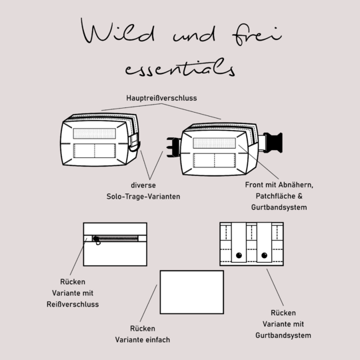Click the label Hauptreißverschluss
161,98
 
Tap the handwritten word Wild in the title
117,31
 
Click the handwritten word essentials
180,67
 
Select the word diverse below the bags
143,185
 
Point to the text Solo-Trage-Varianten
143,197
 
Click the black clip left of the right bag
174,147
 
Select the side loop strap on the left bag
134,143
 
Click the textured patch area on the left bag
95,133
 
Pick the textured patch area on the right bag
214,143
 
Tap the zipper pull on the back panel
97,240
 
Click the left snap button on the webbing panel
239,255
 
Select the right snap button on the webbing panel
264,255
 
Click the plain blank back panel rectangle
192,292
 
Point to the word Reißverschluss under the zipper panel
73,304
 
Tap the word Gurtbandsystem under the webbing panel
283,335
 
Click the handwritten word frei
257,35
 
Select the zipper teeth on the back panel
118,239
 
